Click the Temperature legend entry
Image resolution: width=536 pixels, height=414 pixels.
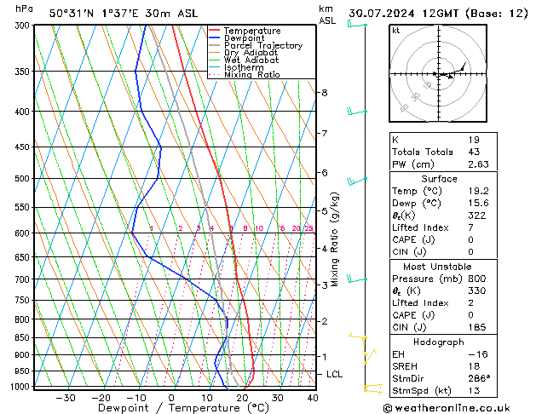[253, 31]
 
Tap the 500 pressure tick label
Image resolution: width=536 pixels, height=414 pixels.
[22, 179]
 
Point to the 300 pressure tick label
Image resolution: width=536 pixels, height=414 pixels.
[22, 26]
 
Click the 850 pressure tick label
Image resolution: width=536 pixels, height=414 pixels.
[22, 338]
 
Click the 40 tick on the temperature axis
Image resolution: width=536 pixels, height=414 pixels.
[313, 397]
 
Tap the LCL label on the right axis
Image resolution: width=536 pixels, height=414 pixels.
[335, 374]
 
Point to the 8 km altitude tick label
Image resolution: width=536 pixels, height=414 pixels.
[324, 92]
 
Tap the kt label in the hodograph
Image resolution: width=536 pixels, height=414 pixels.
[395, 30]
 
